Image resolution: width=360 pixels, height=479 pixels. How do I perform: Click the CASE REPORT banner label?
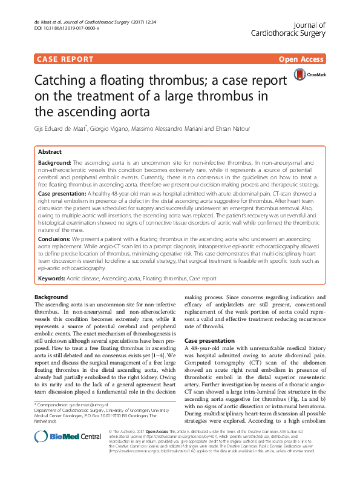coord(65,59)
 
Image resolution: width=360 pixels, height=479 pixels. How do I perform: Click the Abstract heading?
coord(50,151)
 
